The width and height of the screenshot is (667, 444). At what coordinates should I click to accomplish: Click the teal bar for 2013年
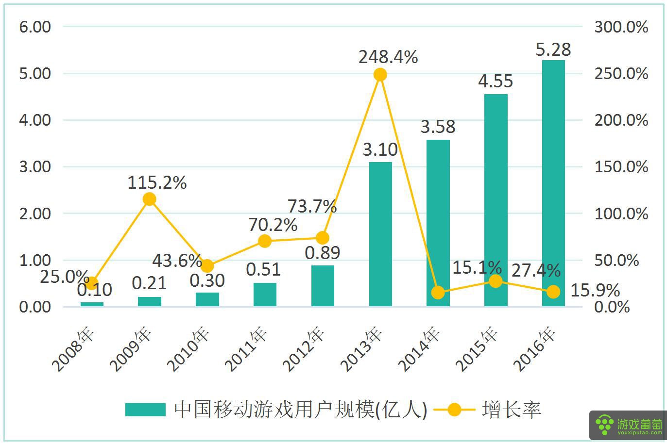click(x=380, y=234)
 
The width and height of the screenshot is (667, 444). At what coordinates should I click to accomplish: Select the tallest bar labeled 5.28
click(x=553, y=183)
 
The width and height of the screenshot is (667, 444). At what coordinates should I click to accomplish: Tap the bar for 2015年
click(x=496, y=200)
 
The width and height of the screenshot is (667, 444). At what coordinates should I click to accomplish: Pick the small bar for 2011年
click(x=265, y=295)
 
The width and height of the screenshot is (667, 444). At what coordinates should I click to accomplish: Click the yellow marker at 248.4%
click(x=380, y=75)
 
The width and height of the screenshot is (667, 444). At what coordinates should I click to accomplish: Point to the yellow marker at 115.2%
click(x=150, y=199)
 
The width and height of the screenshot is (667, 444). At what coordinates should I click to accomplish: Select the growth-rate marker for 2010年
click(x=207, y=266)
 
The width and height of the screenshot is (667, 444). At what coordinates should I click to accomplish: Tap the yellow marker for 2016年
click(x=553, y=292)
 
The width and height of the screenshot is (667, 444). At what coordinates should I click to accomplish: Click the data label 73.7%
click(x=312, y=206)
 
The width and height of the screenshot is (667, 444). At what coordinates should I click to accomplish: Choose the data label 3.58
click(x=438, y=127)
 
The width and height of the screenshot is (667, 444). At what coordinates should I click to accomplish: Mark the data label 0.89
click(x=322, y=252)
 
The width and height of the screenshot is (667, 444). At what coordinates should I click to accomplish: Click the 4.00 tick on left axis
click(x=35, y=120)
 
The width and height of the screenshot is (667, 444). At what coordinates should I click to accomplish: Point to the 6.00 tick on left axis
click(x=35, y=27)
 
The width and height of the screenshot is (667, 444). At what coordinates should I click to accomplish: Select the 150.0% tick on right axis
click(x=621, y=167)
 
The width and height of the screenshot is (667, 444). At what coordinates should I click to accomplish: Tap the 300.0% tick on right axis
click(x=621, y=27)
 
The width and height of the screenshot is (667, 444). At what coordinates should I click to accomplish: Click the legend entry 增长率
click(x=511, y=410)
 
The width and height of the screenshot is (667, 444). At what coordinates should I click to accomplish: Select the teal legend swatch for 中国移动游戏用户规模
click(x=145, y=410)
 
